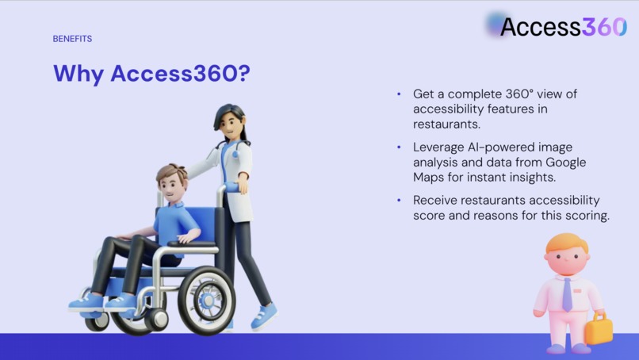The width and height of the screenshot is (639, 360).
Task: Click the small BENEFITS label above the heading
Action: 72,39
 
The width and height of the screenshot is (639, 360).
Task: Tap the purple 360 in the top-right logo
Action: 604,26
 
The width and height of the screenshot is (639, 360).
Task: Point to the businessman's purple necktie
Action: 567,293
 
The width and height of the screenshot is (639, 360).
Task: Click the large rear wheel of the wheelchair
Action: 207,300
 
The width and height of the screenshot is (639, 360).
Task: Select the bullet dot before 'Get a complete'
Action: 399,94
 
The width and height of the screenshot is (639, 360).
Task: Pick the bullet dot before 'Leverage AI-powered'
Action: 399,147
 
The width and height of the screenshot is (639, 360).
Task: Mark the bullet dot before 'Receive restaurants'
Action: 399,201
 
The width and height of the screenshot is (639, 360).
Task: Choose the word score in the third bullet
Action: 428,215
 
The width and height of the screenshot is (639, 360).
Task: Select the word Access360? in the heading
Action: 180,74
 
